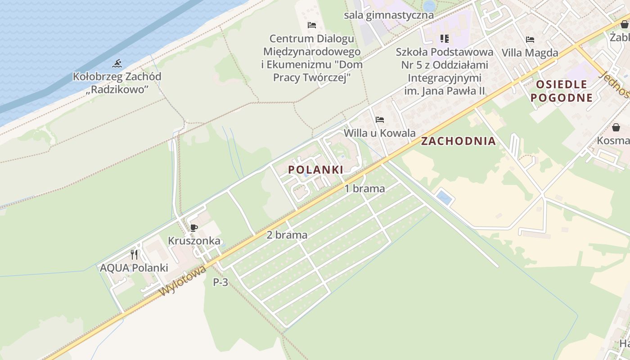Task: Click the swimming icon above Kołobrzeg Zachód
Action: coord(117,63)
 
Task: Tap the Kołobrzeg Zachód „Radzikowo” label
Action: coord(117,83)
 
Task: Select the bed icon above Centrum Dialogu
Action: coord(311,25)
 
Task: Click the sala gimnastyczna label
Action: coord(389,15)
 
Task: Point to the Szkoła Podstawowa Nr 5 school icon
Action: coord(445,39)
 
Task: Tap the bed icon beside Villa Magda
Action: coord(530,40)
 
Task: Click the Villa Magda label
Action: coord(530,53)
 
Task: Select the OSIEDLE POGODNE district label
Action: coord(561,91)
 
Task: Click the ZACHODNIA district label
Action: coord(458,141)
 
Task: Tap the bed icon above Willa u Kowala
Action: coord(380,120)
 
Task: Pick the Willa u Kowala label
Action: coord(379,133)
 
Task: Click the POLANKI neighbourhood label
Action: coord(315,170)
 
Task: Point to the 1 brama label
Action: coord(364,189)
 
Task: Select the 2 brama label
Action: coord(287,235)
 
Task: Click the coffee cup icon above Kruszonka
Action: coord(194,228)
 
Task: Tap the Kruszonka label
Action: coord(194,241)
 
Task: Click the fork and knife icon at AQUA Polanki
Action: coord(134,255)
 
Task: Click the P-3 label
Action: coord(220,283)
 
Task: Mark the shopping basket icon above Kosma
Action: coord(616,127)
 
